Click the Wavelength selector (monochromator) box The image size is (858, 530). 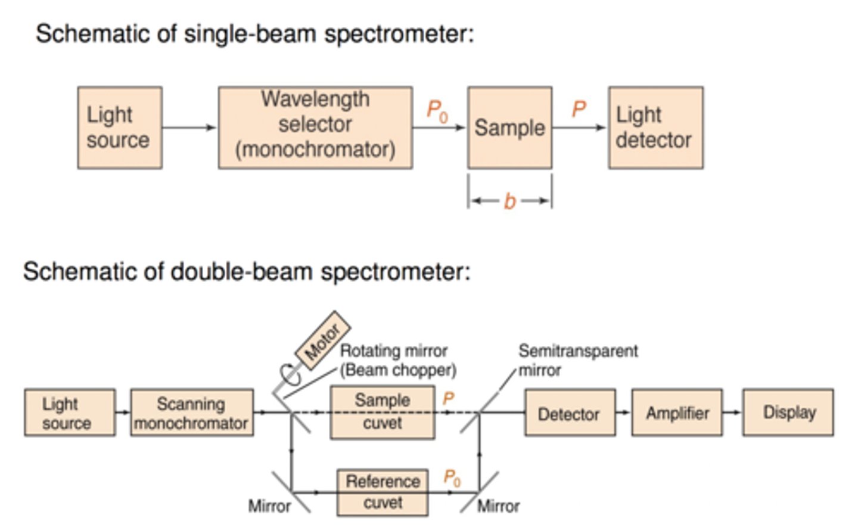(315, 128)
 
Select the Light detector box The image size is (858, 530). (655, 128)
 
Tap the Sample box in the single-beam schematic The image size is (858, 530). (509, 128)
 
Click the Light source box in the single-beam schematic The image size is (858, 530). (119, 128)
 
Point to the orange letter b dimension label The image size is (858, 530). (509, 202)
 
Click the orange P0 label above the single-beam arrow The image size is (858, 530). (437, 111)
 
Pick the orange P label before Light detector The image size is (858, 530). (579, 109)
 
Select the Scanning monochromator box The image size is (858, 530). (191, 413)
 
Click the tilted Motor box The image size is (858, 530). (322, 341)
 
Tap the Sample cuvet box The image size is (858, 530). (382, 412)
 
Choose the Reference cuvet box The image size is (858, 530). (383, 492)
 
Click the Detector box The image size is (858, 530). (569, 413)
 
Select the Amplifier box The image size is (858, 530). (677, 413)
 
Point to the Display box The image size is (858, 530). (788, 413)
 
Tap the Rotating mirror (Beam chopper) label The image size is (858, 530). (397, 360)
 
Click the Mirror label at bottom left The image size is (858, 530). (269, 506)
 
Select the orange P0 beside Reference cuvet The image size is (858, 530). (452, 478)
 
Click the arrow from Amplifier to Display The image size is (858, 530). (732, 413)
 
